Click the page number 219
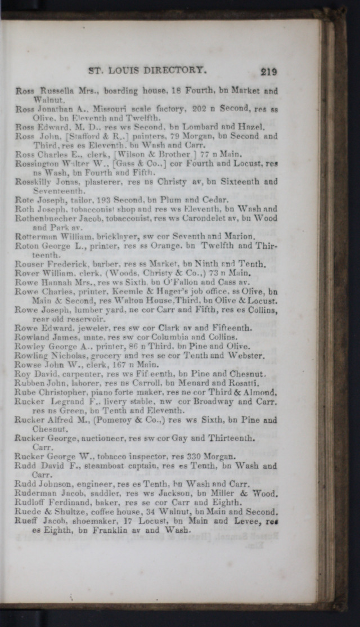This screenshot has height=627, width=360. click(x=268, y=71)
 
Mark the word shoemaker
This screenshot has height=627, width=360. click(x=80, y=521)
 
